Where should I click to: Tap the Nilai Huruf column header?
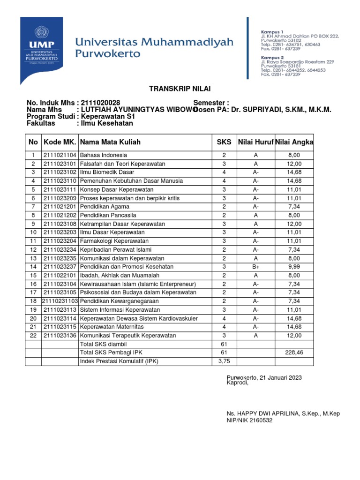coord(255,142)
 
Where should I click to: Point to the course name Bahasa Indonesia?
coord(104,155)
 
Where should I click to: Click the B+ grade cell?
coord(255,266)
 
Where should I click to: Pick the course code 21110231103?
coord(60,301)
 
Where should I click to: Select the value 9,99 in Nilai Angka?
coord(294,266)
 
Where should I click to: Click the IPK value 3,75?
coord(224,361)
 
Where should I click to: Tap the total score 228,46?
coord(294,353)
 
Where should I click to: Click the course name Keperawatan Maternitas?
coord(112,327)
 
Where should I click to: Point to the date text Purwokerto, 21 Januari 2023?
coord(264,377)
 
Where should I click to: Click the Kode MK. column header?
coord(60,142)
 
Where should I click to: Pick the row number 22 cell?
coord(33,336)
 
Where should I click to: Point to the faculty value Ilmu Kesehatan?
coord(107,123)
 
